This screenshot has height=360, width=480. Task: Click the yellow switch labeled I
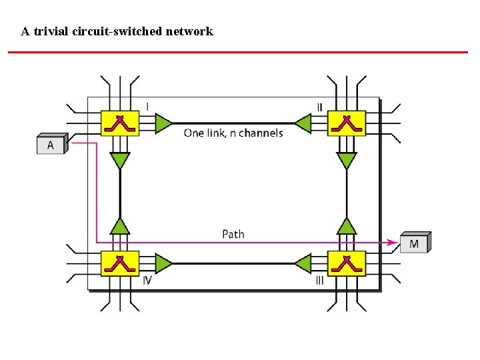pyautogui.click(x=120, y=123)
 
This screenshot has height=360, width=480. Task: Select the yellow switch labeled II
pyautogui.click(x=347, y=123)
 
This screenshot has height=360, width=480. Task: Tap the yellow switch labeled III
pyautogui.click(x=347, y=263)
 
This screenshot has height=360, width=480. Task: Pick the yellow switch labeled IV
pyautogui.click(x=120, y=263)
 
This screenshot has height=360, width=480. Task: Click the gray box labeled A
pyautogui.click(x=51, y=145)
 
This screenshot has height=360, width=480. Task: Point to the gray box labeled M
pyautogui.click(x=414, y=243)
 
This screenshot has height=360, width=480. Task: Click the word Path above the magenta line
pyautogui.click(x=233, y=234)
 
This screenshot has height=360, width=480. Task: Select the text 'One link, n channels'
pyautogui.click(x=233, y=133)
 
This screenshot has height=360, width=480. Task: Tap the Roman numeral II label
pyautogui.click(x=320, y=107)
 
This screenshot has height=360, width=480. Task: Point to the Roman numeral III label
pyautogui.click(x=320, y=281)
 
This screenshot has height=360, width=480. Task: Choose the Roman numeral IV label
pyautogui.click(x=147, y=281)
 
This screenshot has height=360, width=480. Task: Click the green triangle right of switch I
pyautogui.click(x=163, y=123)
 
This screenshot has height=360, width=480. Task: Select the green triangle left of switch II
pyautogui.click(x=303, y=123)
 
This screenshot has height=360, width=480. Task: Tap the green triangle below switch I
pyautogui.click(x=120, y=160)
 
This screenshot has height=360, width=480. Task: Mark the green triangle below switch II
pyautogui.click(x=347, y=160)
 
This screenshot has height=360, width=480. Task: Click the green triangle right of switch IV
pyautogui.click(x=163, y=263)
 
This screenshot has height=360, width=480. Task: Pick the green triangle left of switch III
pyautogui.click(x=303, y=263)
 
